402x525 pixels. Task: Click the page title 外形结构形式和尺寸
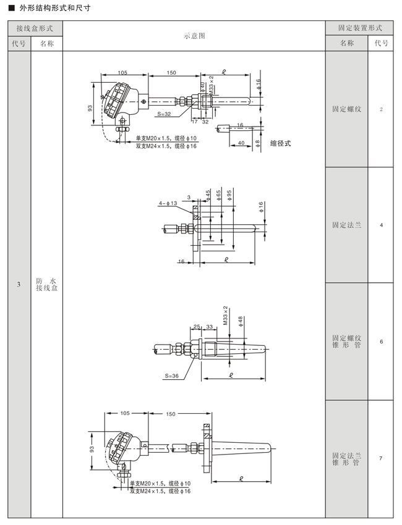(55, 7)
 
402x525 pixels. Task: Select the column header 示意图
(194, 36)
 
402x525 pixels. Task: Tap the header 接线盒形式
(35, 28)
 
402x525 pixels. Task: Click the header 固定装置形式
(360, 28)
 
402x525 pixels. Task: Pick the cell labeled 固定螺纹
(347, 109)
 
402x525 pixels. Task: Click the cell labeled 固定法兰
(347, 225)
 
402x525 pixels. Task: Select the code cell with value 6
(381, 342)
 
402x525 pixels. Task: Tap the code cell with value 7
(381, 458)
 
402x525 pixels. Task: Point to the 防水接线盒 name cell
(47, 284)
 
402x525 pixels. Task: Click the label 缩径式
(281, 143)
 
